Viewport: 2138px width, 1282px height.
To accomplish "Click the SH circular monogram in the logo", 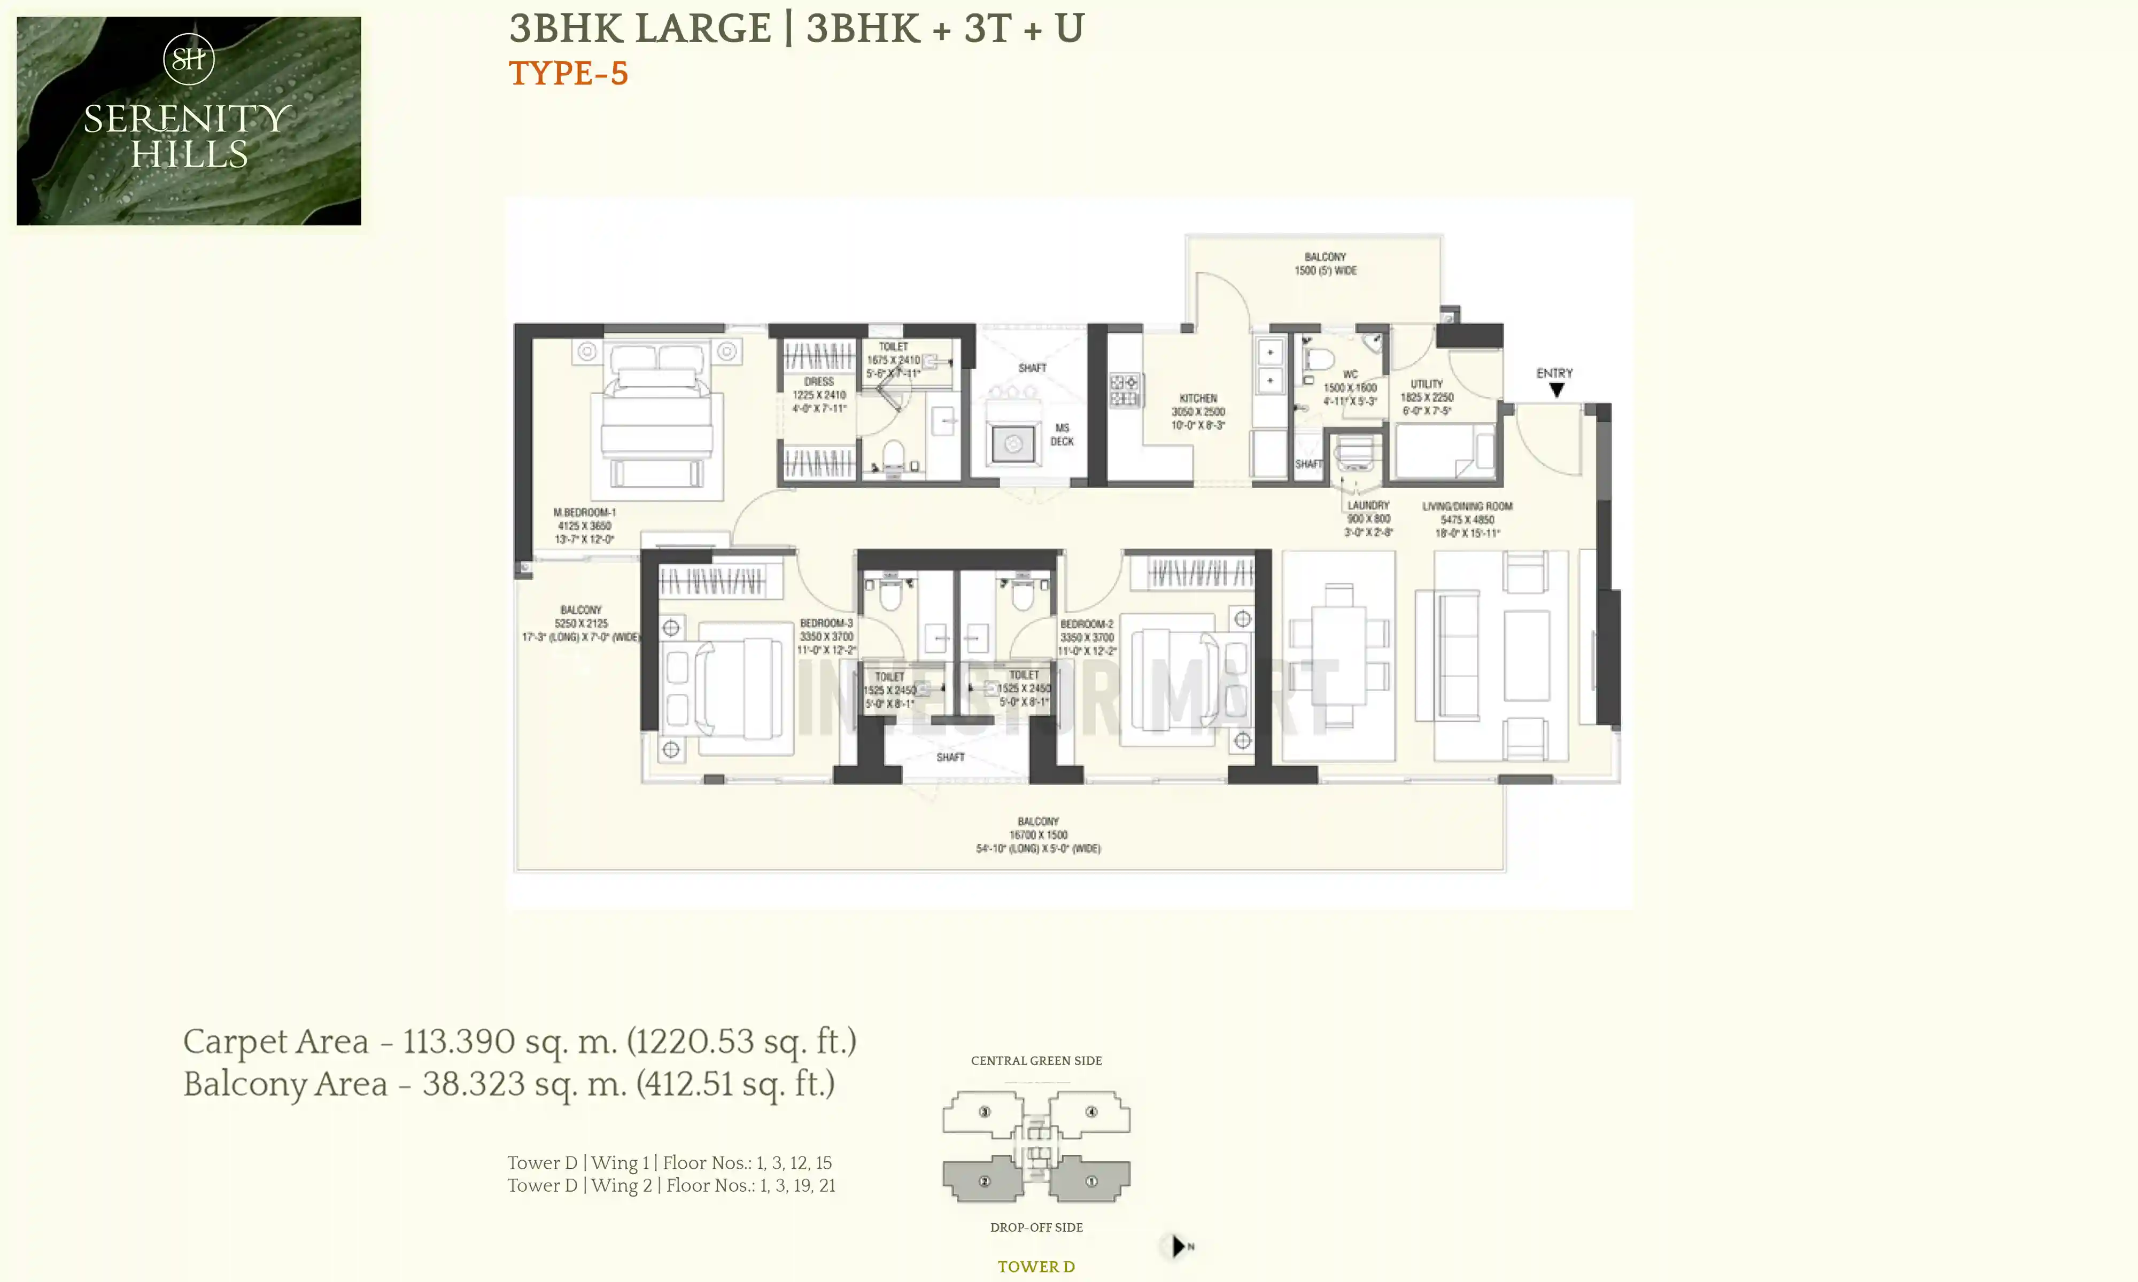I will coord(188,59).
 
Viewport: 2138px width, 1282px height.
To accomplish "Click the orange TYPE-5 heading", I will coord(568,73).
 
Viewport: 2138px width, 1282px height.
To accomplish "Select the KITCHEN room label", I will coord(1198,398).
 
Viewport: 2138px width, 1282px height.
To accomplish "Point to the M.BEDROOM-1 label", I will coord(584,512).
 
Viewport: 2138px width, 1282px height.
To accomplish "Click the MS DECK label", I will coord(1062,434).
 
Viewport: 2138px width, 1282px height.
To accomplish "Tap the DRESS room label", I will coord(818,381).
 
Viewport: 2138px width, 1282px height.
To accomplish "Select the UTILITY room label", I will coord(1427,384).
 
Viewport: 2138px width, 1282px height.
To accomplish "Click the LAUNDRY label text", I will coord(1368,505).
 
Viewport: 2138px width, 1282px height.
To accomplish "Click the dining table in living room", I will coord(1338,656).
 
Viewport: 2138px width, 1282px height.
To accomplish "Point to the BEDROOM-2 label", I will coord(1086,624).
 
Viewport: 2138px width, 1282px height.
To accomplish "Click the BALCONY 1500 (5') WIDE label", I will coord(1325,263).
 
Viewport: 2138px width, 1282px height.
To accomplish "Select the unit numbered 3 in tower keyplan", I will coord(985,1112).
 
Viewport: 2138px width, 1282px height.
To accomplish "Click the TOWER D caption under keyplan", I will coord(1036,1267).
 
